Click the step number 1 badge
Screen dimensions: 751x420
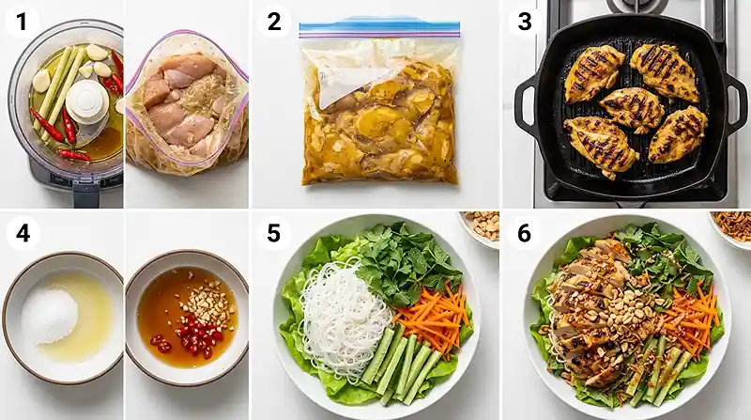point(22,22)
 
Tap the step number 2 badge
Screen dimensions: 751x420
point(274,22)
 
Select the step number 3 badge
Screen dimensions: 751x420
point(525,22)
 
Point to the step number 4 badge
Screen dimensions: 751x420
point(23,234)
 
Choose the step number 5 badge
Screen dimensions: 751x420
point(273,234)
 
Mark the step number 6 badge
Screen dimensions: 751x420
point(524,234)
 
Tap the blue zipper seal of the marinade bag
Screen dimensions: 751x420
point(379,28)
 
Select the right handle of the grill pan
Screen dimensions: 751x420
point(735,103)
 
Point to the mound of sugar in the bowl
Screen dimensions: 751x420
point(50,314)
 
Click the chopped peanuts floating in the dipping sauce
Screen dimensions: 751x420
point(209,301)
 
